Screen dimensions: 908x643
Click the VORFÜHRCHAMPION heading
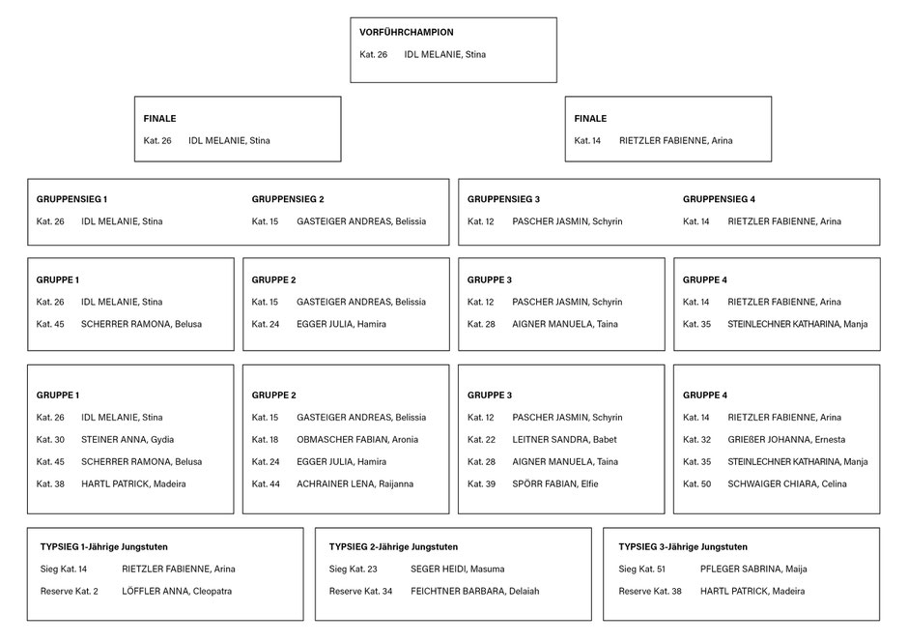[406, 33]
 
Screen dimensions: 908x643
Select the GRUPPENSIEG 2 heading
[288, 199]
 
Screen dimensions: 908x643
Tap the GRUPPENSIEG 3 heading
[503, 199]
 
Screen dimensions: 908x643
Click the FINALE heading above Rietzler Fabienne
[590, 119]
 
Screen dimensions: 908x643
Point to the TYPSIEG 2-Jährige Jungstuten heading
[393, 546]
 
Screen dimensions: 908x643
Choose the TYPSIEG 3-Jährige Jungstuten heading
[683, 546]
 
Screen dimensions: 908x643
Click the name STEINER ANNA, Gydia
[128, 440]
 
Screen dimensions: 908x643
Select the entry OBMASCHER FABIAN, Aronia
[357, 440]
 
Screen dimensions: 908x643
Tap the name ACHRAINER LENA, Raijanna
[355, 484]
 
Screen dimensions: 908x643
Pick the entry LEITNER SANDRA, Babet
[564, 440]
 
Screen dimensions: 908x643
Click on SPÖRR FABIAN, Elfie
[554, 484]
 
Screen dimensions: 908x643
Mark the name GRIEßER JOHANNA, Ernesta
[786, 440]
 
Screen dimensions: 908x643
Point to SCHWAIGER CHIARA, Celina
[787, 484]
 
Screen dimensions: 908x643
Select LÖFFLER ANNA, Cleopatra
[177, 592]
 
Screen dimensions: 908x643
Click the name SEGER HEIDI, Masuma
[458, 570]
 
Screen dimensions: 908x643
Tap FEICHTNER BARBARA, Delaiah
[475, 592]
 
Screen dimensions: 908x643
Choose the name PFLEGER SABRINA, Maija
[753, 570]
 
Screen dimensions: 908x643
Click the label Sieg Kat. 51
[641, 570]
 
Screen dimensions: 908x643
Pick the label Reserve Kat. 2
[69, 592]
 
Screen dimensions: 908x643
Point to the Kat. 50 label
[696, 484]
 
